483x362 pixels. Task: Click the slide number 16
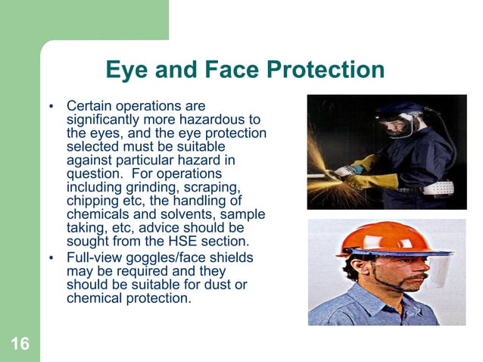(20, 345)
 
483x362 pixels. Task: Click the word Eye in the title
(126, 70)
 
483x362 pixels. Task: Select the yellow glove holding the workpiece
(377, 182)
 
